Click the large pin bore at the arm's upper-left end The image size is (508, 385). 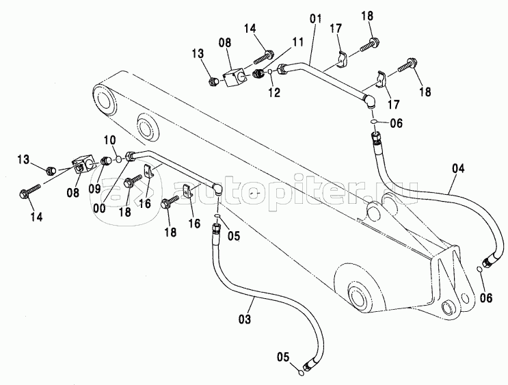(108, 99)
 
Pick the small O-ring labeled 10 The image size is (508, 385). (118, 159)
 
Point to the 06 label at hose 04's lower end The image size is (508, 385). (485, 297)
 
